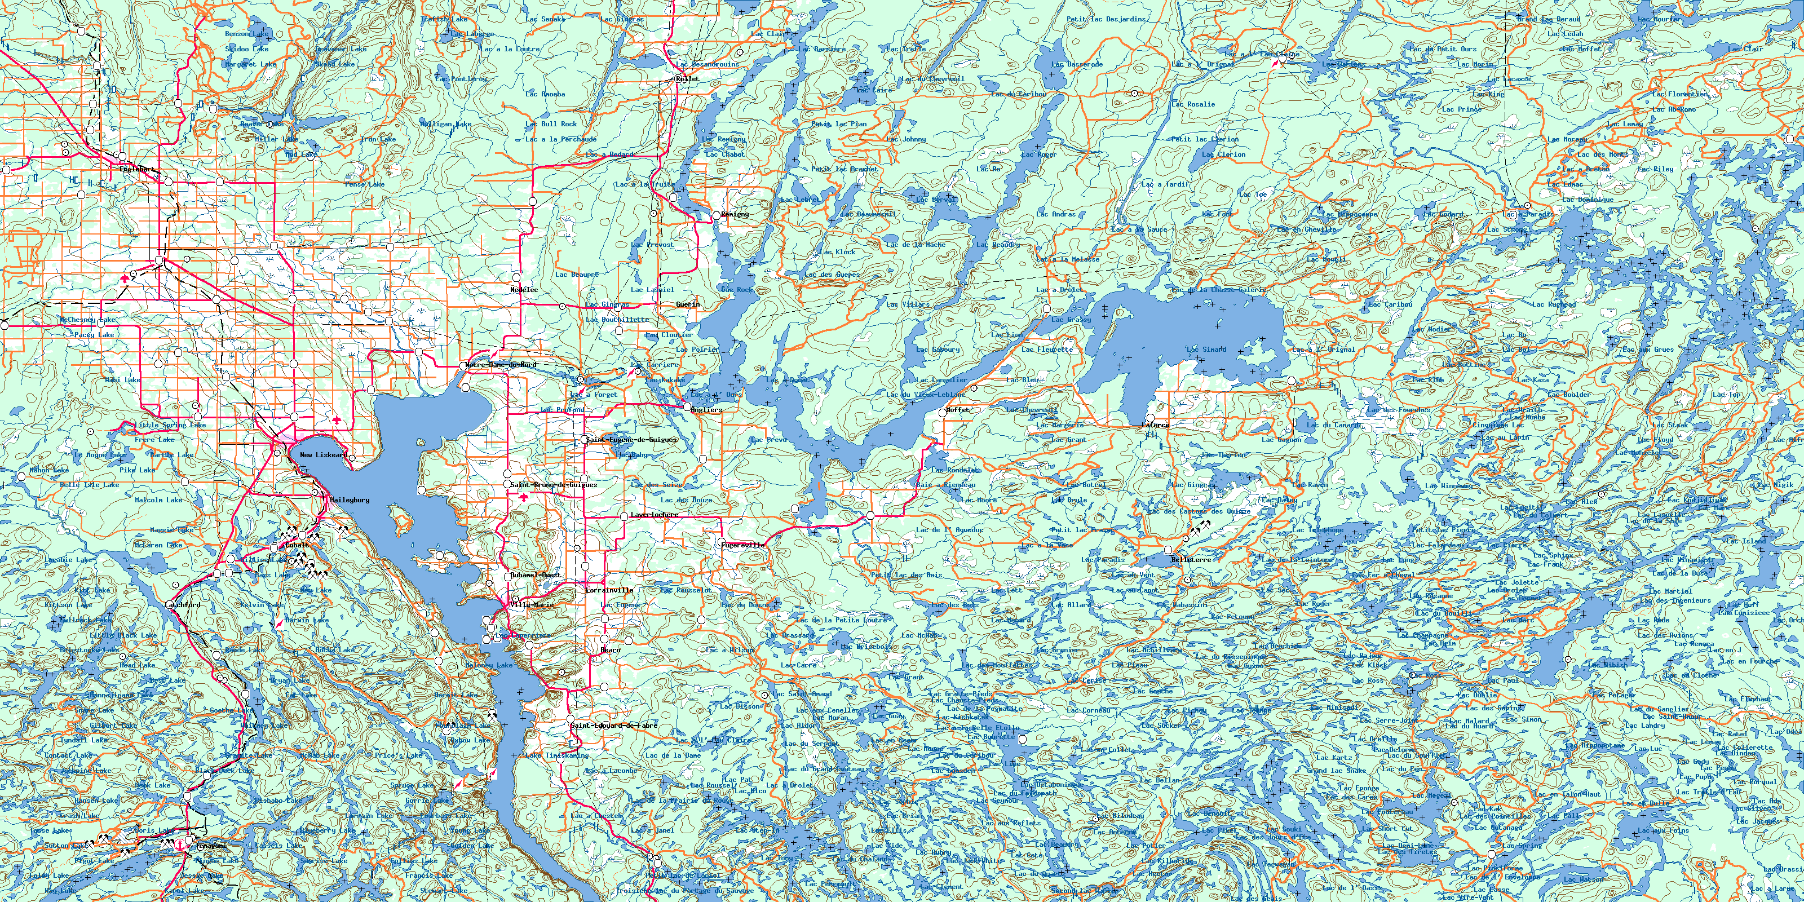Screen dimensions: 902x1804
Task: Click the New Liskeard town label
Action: click(324, 455)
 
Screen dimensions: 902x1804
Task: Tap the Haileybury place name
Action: click(349, 500)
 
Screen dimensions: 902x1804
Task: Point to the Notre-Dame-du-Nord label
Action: click(501, 365)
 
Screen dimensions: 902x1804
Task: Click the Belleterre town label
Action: click(1191, 560)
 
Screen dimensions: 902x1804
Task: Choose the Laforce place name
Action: click(1156, 425)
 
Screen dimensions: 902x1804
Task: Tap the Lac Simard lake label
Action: click(1206, 350)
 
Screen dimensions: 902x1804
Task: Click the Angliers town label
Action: click(706, 410)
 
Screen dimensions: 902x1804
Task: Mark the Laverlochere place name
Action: click(654, 515)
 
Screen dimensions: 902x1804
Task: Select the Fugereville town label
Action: click(743, 545)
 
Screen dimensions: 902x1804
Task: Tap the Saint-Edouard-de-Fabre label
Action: click(614, 726)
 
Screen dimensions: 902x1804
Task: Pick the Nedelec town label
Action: click(524, 289)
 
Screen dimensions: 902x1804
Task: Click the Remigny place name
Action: click(735, 214)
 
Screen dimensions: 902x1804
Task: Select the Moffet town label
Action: click(957, 410)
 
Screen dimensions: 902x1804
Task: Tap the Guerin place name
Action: click(688, 304)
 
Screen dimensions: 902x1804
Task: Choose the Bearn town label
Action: click(610, 650)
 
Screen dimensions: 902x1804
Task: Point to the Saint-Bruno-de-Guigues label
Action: click(553, 485)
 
